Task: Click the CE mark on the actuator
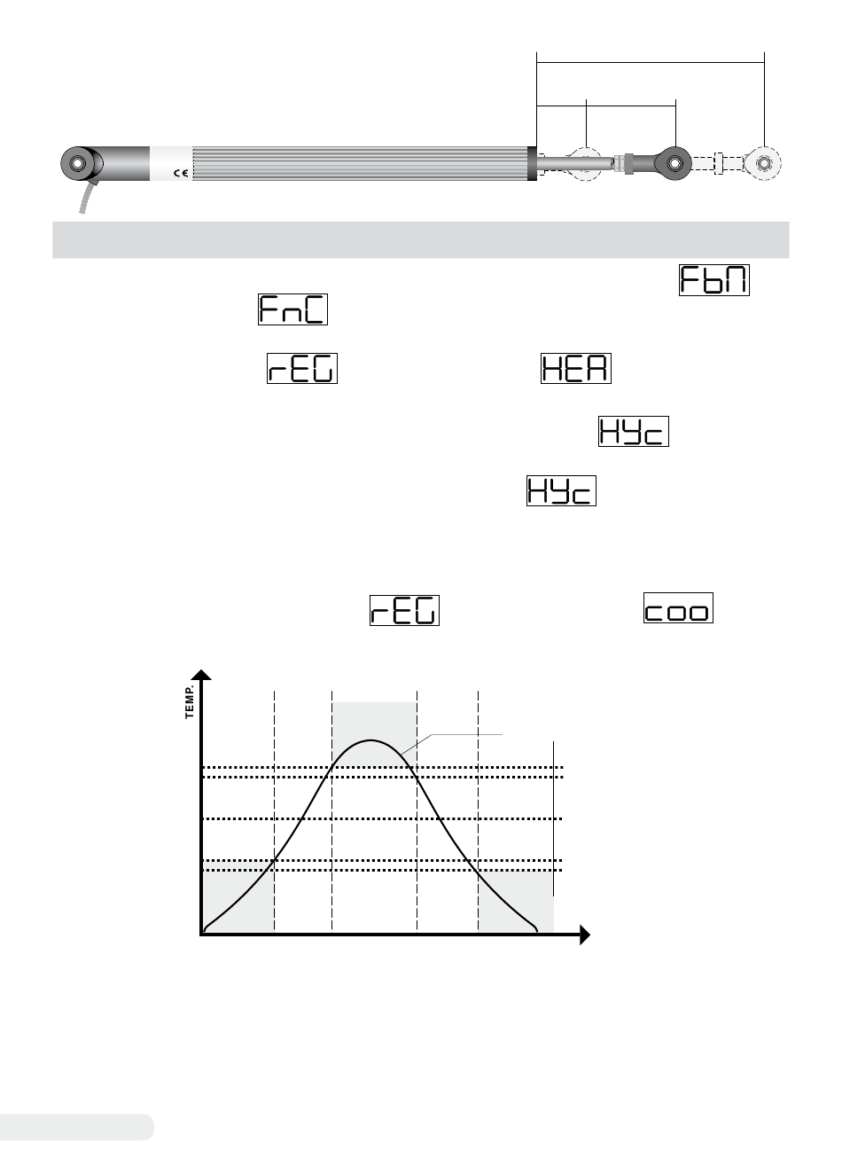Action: [x=181, y=173]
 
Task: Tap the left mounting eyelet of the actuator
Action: [x=77, y=163]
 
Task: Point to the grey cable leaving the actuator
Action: [x=87, y=197]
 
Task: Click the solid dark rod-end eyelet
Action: [x=674, y=163]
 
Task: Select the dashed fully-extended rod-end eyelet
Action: [x=763, y=163]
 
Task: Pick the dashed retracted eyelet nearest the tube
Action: [x=585, y=163]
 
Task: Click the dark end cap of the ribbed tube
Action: [x=532, y=163]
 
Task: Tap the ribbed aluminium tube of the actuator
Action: [x=360, y=163]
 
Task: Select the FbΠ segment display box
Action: [x=713, y=280]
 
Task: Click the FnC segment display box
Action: [x=292, y=309]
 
